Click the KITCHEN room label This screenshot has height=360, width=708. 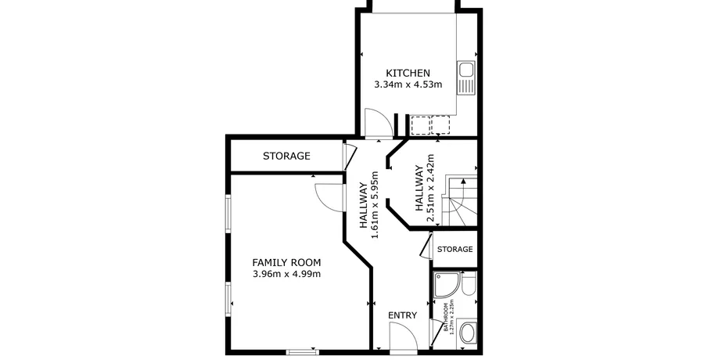[x=408, y=73]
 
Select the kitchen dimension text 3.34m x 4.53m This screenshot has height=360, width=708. [x=408, y=84]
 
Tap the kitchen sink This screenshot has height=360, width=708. [x=465, y=70]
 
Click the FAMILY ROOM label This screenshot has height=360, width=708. [x=287, y=262]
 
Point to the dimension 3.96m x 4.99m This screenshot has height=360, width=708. [x=287, y=274]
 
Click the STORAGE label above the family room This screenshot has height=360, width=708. [x=287, y=156]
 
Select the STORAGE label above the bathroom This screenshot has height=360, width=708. [x=455, y=250]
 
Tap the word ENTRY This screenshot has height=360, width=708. [x=402, y=315]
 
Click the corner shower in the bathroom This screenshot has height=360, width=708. [x=447, y=285]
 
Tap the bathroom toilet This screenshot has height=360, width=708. [x=469, y=283]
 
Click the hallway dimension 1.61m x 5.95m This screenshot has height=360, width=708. [x=369, y=204]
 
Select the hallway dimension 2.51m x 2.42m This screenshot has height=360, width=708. [x=425, y=189]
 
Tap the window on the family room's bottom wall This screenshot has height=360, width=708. [x=301, y=351]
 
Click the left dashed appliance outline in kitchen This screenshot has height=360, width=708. [x=420, y=125]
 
